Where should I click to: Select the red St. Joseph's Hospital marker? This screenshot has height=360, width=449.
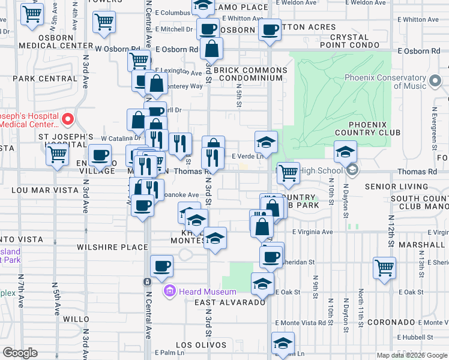67,119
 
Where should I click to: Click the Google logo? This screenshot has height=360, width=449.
20,353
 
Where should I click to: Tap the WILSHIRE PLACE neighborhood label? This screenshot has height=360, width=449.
112,247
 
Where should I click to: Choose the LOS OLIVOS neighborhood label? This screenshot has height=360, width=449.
201,345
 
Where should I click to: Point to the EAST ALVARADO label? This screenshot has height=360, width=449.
230,302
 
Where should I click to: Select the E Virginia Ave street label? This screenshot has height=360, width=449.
312,232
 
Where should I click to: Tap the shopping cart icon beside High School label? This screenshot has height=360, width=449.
288,173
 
